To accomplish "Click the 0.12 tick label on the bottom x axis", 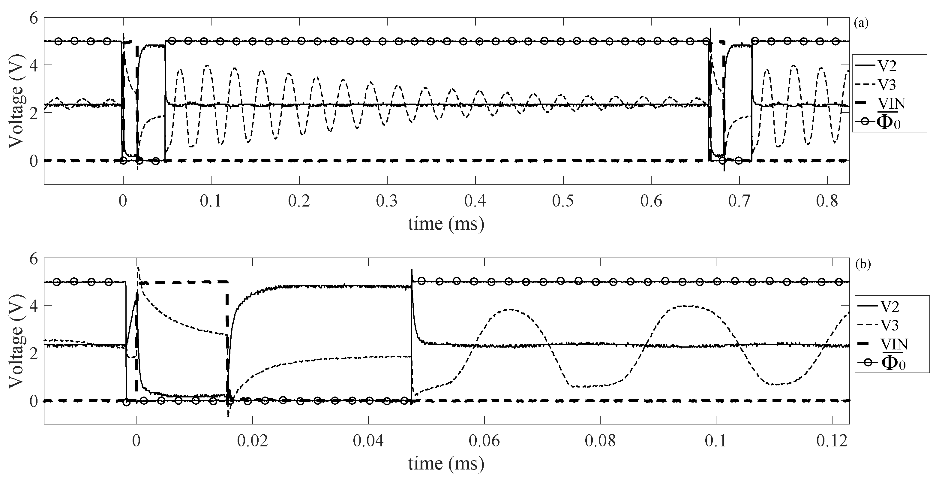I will pos(832,441).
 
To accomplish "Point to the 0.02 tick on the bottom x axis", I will pos(252,441).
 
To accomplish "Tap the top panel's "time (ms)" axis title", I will pos(446,224).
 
